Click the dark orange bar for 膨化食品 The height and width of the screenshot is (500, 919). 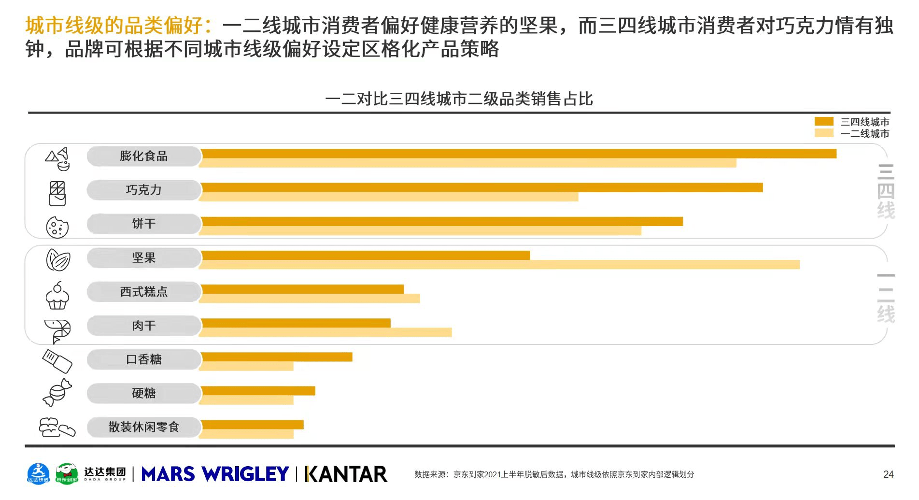[x=519, y=154]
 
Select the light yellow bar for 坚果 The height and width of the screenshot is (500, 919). [x=500, y=265]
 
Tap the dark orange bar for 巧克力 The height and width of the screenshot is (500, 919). [x=482, y=187]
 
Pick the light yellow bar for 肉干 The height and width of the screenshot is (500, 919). [x=326, y=332]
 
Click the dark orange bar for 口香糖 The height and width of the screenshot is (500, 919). [x=277, y=357]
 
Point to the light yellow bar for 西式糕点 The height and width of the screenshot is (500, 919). [x=310, y=299]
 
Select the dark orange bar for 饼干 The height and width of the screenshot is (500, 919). [x=442, y=221]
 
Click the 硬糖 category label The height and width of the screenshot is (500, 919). [x=144, y=393]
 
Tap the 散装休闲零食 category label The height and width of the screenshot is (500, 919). [x=144, y=427]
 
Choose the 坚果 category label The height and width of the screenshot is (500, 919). [x=144, y=258]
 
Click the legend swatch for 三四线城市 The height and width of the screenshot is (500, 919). [x=824, y=121]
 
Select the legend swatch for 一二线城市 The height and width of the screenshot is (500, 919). [x=824, y=133]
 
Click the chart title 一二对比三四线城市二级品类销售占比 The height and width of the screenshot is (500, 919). [x=459, y=99]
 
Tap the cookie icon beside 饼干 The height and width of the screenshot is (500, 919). [x=57, y=227]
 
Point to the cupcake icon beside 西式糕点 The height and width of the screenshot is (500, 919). [x=57, y=296]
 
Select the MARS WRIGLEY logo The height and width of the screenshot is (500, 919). [x=215, y=474]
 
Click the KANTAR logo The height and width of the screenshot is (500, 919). [x=346, y=474]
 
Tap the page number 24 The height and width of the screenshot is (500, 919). [x=888, y=474]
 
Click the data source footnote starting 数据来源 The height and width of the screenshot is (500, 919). [x=554, y=474]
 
